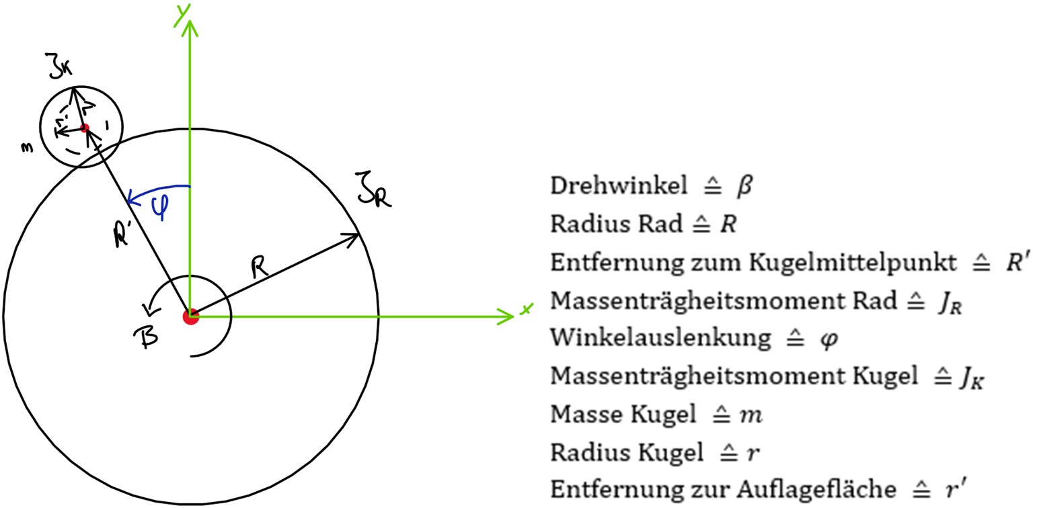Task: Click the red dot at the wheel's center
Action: click(191, 317)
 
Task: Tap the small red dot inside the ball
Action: click(84, 128)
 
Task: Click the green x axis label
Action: click(526, 309)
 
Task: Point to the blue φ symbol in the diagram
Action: click(161, 207)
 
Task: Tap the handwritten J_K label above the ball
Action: click(59, 66)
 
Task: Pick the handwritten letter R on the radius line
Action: click(260, 267)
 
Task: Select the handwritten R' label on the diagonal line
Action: click(121, 235)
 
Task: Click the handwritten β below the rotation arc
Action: click(147, 337)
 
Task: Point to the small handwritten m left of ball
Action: click(28, 148)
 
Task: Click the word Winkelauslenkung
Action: click(660, 338)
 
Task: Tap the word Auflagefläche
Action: click(816, 489)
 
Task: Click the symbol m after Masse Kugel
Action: click(751, 415)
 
